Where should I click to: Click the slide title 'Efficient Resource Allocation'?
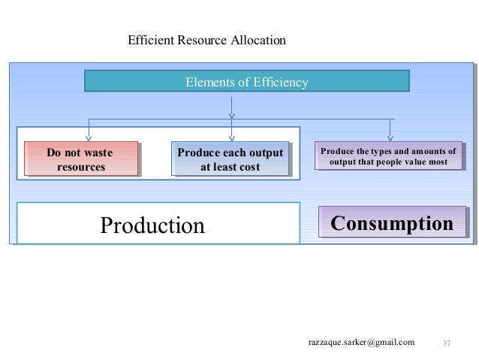click(x=206, y=38)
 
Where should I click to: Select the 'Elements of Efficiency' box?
click(x=246, y=81)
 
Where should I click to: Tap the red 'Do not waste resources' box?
click(x=80, y=159)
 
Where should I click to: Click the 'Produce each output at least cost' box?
click(x=230, y=159)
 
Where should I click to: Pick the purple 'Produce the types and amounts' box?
click(x=388, y=156)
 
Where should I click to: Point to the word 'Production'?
click(x=152, y=225)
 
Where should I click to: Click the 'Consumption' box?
click(x=392, y=224)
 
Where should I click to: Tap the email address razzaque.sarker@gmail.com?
click(x=361, y=343)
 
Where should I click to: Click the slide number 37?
click(x=446, y=343)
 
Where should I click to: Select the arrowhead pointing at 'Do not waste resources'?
click(x=91, y=137)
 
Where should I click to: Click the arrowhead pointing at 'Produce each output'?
click(x=231, y=137)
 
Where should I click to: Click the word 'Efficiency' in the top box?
click(x=279, y=81)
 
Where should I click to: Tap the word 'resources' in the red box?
click(x=80, y=166)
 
